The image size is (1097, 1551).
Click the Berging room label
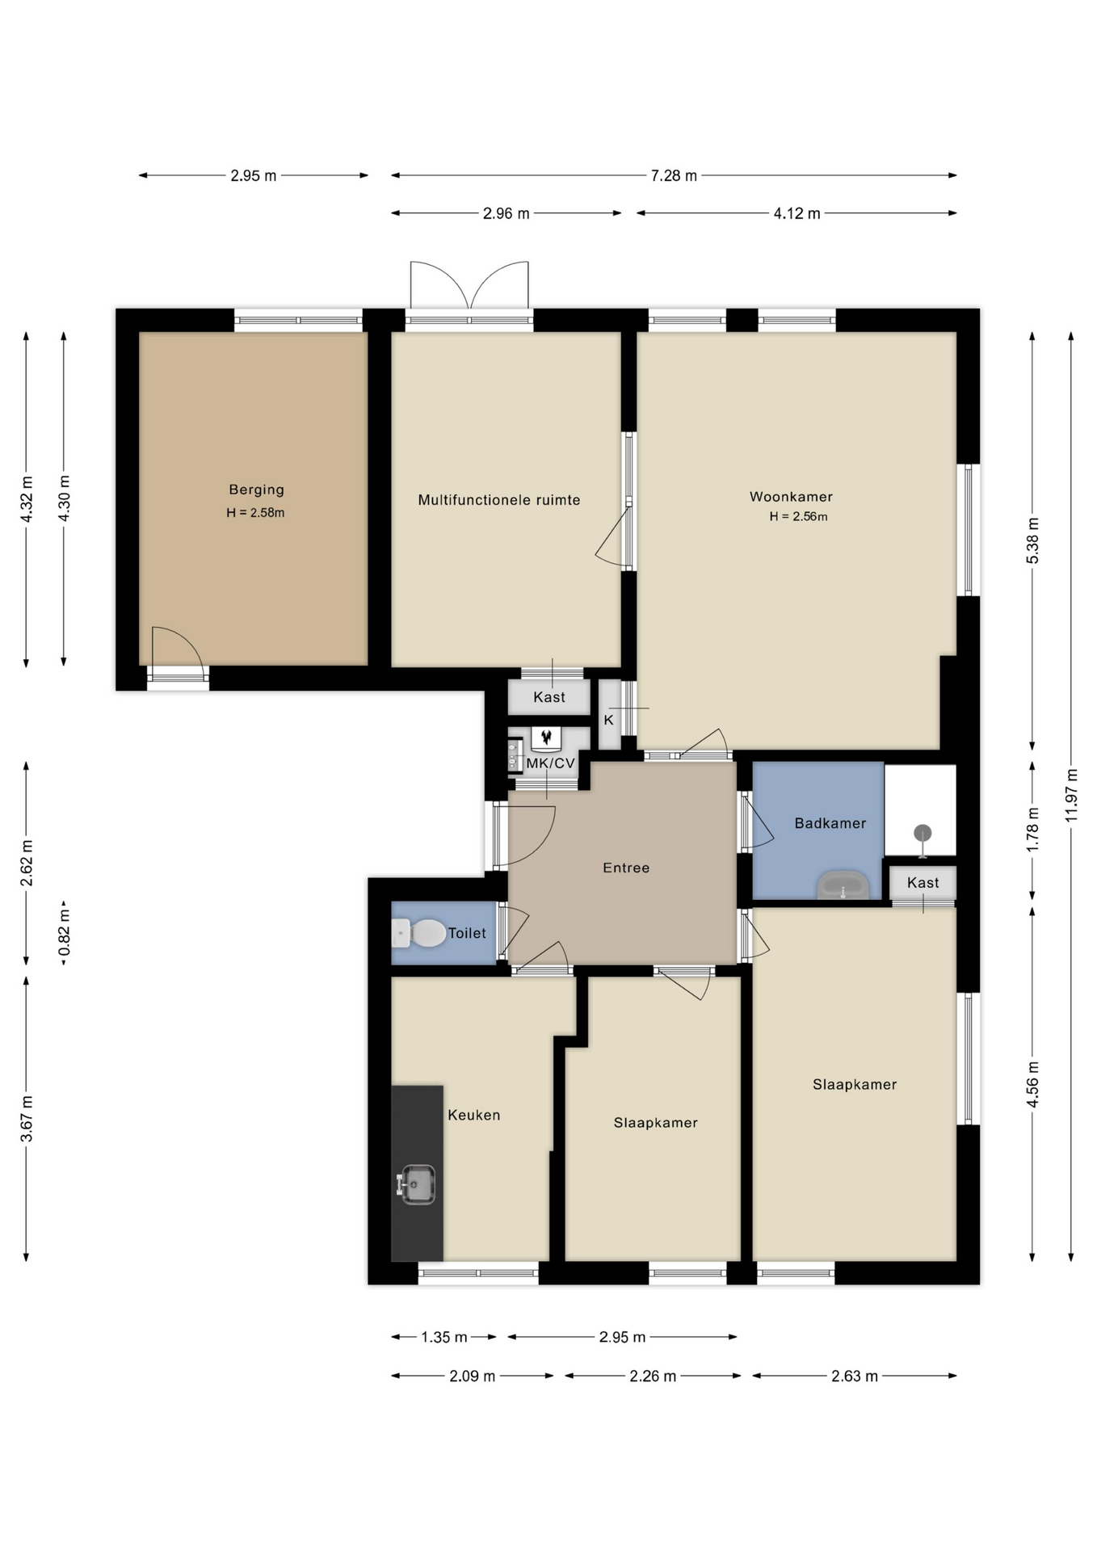coord(256,490)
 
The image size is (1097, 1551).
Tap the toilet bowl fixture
coord(418,933)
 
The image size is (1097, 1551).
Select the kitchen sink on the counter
coord(417,1184)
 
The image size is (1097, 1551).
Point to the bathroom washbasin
coord(843,885)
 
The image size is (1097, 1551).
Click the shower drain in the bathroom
coord(923,833)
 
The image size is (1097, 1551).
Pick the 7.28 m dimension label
coord(674,175)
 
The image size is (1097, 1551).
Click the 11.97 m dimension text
coord(1071,794)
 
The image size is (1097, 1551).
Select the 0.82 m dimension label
coord(65,933)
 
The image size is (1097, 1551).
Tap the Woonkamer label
coord(791,497)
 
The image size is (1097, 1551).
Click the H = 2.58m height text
coord(255,513)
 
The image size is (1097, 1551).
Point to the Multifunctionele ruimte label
coord(499,500)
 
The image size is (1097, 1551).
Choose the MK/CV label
coord(550,763)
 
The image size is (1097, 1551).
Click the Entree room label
coord(626,868)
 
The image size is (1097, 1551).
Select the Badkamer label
coord(830,823)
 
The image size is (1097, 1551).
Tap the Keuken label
coord(474,1115)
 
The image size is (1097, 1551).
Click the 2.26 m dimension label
coord(653,1376)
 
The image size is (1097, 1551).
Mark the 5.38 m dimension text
coord(1032,540)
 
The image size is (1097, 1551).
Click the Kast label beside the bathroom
coord(923,883)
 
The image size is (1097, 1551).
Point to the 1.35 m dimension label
coord(444,1337)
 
